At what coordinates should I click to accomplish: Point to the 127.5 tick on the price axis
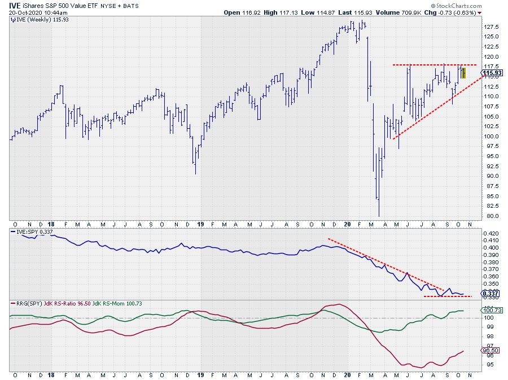coord(491,27)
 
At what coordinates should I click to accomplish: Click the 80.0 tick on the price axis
coord(488,216)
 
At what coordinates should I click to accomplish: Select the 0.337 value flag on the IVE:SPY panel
coord(489,294)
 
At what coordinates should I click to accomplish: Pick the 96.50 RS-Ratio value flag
coord(489,351)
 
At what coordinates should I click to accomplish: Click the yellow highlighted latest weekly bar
coord(463,72)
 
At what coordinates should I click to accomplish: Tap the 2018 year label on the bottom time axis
coord(50,374)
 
